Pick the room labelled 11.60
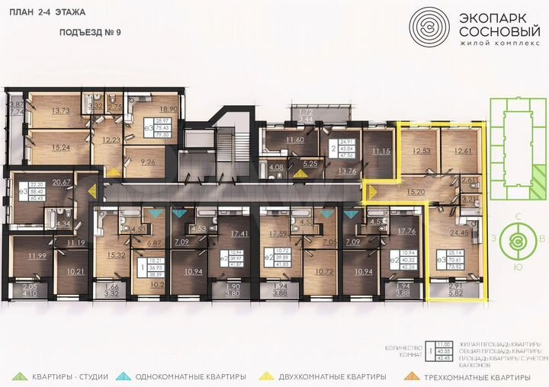pos(294,140)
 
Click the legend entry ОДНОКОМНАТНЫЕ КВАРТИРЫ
pos(191,376)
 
